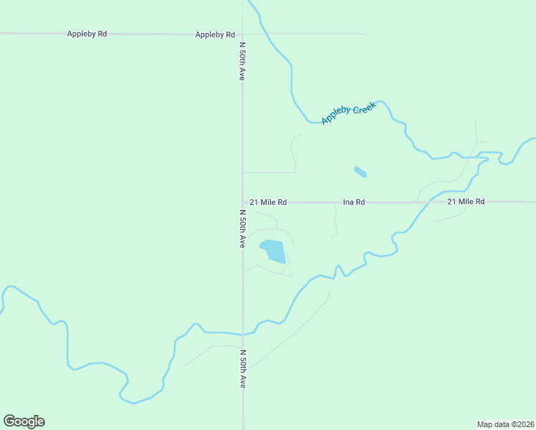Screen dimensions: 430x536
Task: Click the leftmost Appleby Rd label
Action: pyautogui.click(x=87, y=34)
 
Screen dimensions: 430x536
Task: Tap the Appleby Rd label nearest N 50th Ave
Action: pyautogui.click(x=215, y=34)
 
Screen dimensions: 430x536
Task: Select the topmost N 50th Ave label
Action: pyautogui.click(x=242, y=60)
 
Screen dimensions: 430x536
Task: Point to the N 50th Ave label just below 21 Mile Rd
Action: pyautogui.click(x=242, y=229)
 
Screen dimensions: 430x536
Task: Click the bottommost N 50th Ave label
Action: pyautogui.click(x=242, y=369)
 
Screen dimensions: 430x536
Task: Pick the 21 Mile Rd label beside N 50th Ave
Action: pyautogui.click(x=268, y=202)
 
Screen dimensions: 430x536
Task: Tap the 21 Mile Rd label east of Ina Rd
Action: pyautogui.click(x=466, y=202)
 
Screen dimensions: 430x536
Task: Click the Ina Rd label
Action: pyautogui.click(x=354, y=202)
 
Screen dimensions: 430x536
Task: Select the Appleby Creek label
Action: pyautogui.click(x=348, y=112)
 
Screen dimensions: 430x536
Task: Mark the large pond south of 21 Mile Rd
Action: pyautogui.click(x=273, y=251)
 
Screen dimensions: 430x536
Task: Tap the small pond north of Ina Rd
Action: pyautogui.click(x=360, y=171)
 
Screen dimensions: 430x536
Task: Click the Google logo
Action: pyautogui.click(x=24, y=421)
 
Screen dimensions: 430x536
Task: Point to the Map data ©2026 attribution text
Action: pyautogui.click(x=505, y=424)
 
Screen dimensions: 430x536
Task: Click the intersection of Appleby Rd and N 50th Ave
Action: pyautogui.click(x=242, y=34)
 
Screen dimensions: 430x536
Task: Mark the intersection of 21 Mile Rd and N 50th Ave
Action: pyautogui.click(x=242, y=202)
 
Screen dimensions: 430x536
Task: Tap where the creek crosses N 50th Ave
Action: pyautogui.click(x=243, y=334)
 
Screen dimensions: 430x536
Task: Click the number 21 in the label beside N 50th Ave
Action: pyautogui.click(x=254, y=202)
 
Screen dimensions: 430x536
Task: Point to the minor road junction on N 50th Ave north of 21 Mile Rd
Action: pyautogui.click(x=242, y=172)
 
